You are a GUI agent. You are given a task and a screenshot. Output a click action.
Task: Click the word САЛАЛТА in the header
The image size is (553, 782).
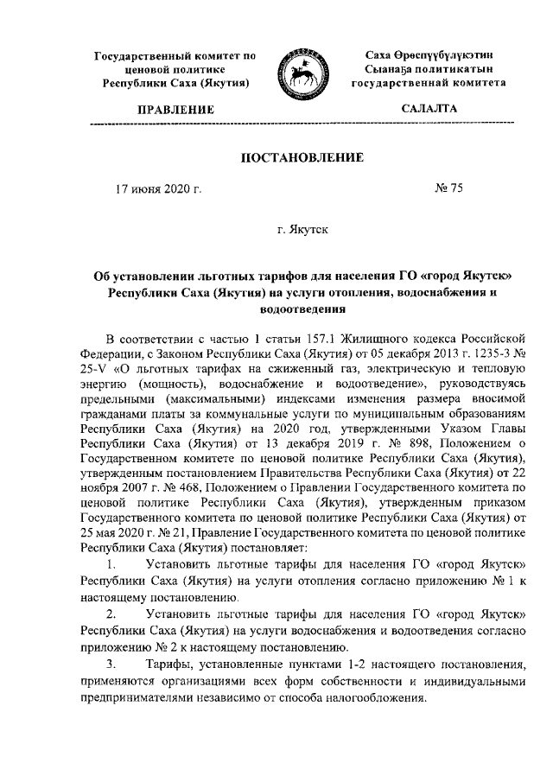[x=430, y=109]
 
